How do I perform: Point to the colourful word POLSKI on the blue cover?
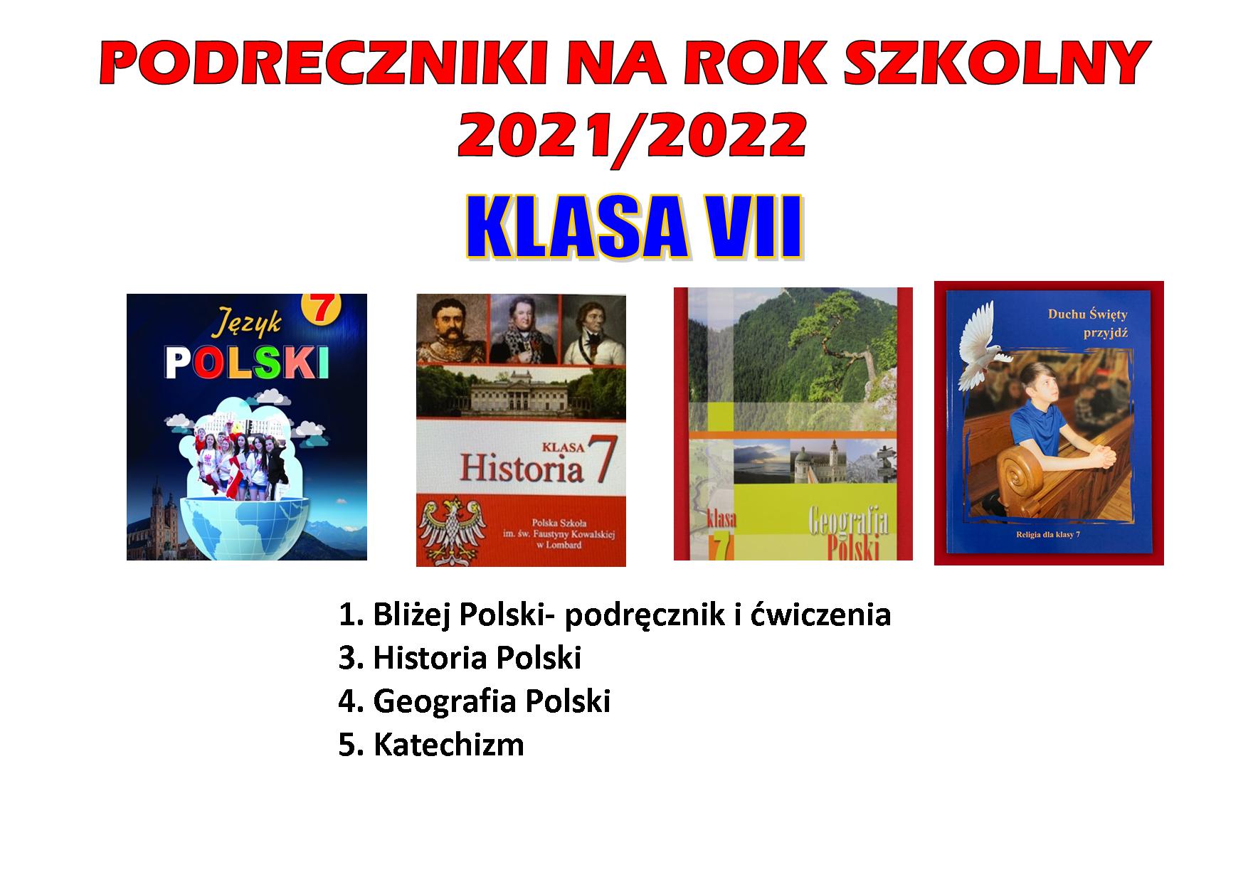[247, 362]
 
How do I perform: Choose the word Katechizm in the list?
[449, 745]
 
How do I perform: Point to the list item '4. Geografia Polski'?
[475, 701]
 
